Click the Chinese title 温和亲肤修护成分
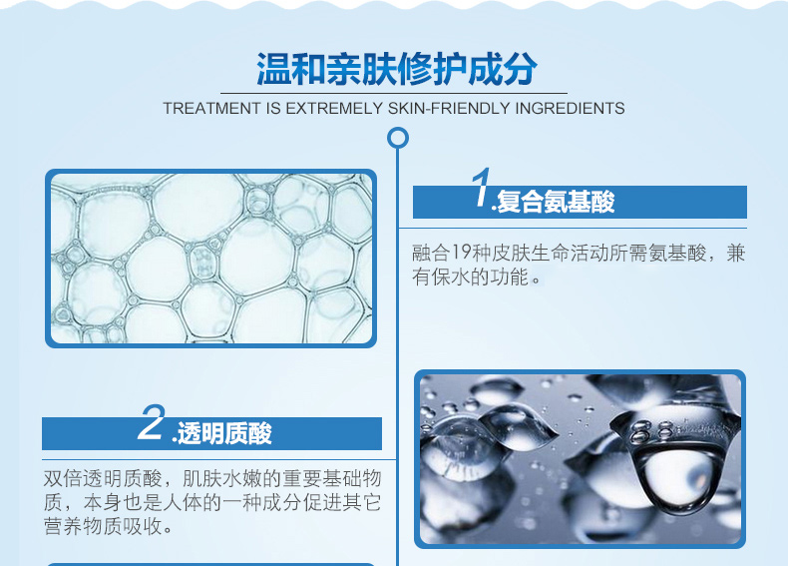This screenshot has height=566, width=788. (x=397, y=69)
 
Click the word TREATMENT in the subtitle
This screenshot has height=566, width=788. (x=211, y=108)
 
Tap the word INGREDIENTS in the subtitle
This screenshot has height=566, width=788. (x=570, y=108)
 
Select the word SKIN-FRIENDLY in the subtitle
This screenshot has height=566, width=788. (x=449, y=108)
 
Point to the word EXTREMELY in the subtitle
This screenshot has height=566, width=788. (x=334, y=108)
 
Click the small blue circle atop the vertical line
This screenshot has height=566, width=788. (x=398, y=138)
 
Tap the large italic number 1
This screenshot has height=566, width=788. (x=481, y=187)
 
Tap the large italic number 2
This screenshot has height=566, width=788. (x=152, y=421)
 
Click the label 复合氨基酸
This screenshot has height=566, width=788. (x=556, y=203)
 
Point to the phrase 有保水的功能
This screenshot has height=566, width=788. (x=471, y=277)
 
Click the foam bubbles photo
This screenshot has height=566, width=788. (x=211, y=259)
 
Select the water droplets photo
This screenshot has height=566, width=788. (x=580, y=459)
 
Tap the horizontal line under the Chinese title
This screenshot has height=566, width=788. (x=394, y=93)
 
